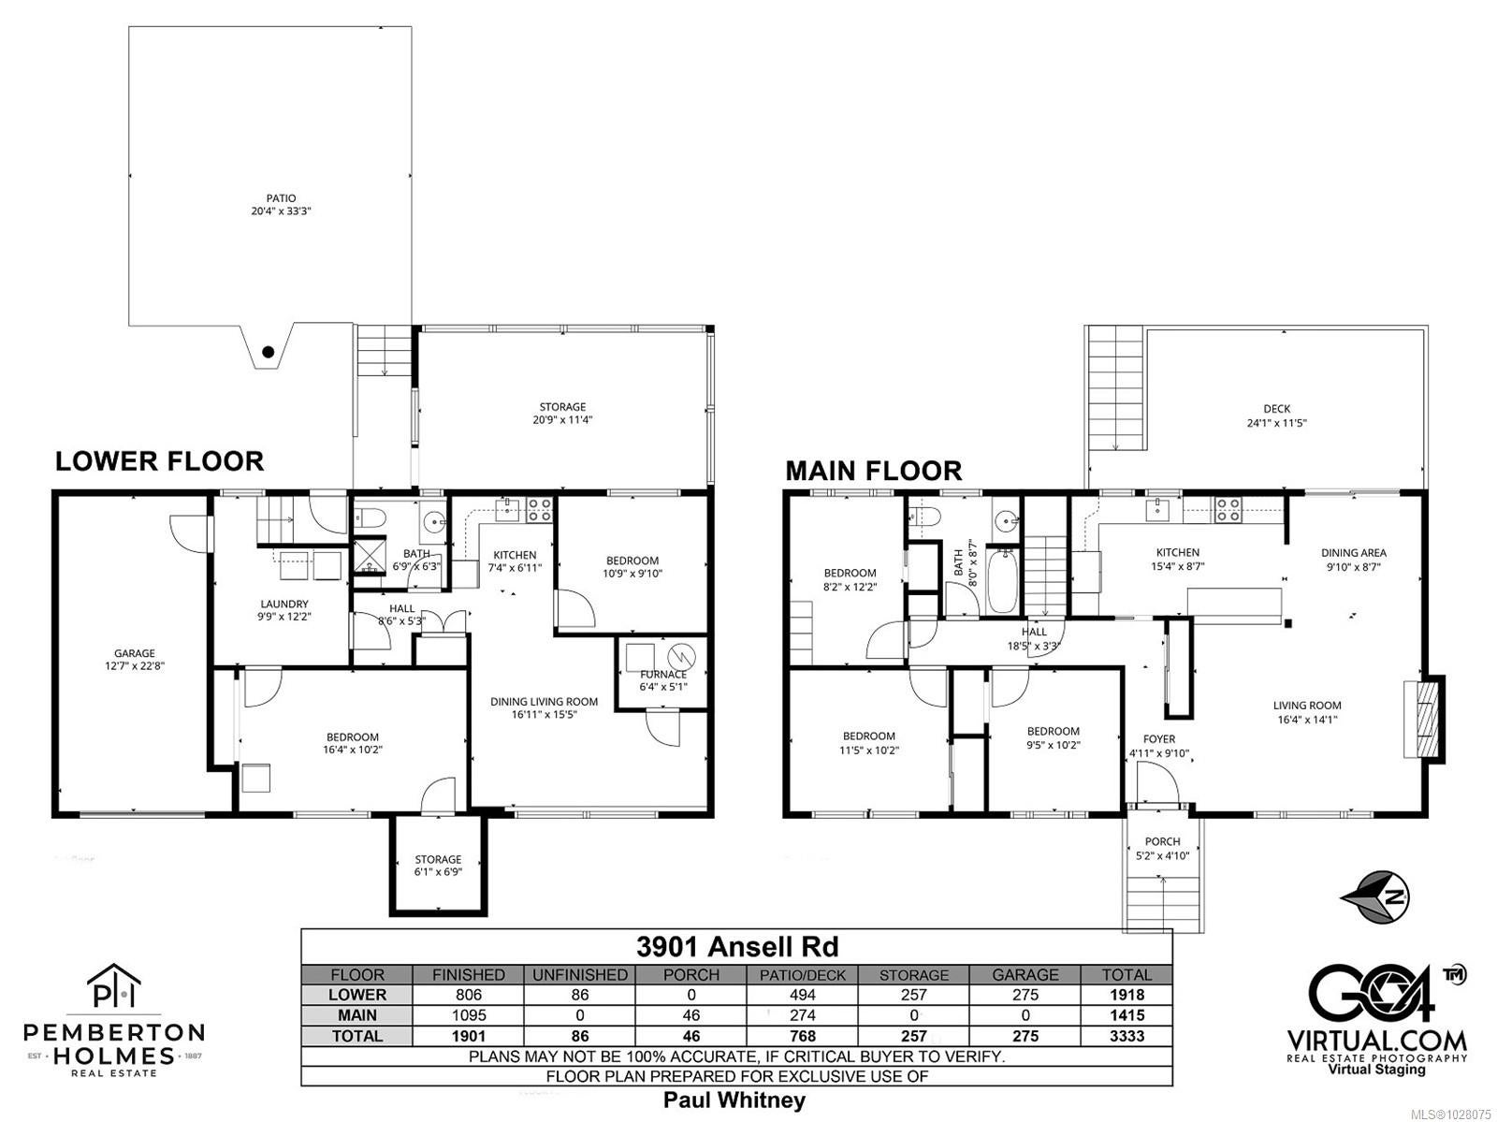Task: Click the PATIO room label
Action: point(281,198)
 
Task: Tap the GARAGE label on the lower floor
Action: point(135,653)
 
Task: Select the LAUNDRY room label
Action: point(284,604)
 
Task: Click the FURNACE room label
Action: point(663,675)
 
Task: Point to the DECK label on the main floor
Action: point(1277,409)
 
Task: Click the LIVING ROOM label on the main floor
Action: point(1307,706)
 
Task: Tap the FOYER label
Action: point(1159,738)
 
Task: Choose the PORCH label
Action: point(1163,841)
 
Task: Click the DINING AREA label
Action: point(1354,552)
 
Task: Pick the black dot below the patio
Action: point(269,352)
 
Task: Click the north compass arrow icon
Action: point(1375,896)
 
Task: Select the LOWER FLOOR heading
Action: point(160,461)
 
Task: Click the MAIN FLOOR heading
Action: point(874,471)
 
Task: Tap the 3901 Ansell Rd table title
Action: point(737,947)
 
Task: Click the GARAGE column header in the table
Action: point(1025,975)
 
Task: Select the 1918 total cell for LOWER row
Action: point(1126,995)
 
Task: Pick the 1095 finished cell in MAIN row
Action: point(469,1015)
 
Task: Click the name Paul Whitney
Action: point(734,1100)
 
